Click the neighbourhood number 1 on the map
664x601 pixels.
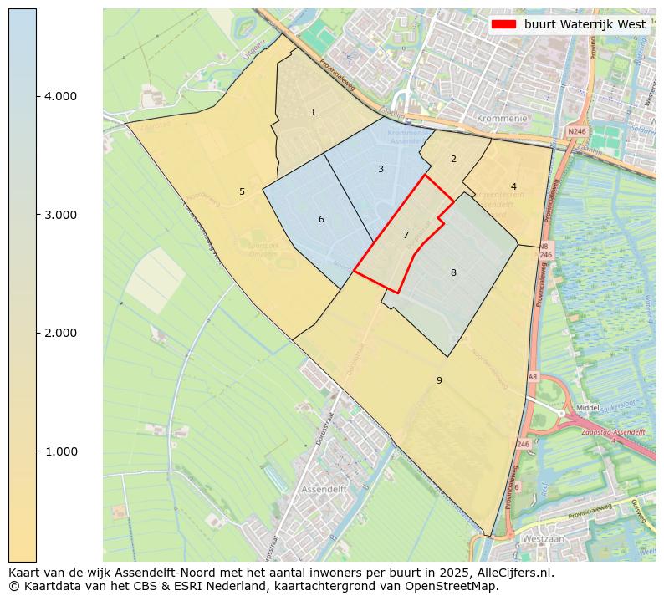[313, 112]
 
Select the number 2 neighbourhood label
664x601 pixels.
[453, 159]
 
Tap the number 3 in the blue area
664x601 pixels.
[381, 169]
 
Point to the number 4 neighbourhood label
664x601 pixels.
[513, 186]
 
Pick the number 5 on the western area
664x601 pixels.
[242, 191]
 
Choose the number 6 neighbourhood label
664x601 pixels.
[321, 220]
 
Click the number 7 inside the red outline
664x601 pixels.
[406, 236]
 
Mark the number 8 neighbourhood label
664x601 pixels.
[453, 272]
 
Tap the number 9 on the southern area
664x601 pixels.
[439, 380]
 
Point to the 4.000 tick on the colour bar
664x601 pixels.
[60, 96]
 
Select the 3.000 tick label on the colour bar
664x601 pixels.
[60, 215]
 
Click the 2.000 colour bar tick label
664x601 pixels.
[60, 333]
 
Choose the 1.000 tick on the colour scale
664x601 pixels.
[60, 451]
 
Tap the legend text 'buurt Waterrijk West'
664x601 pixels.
[585, 24]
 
